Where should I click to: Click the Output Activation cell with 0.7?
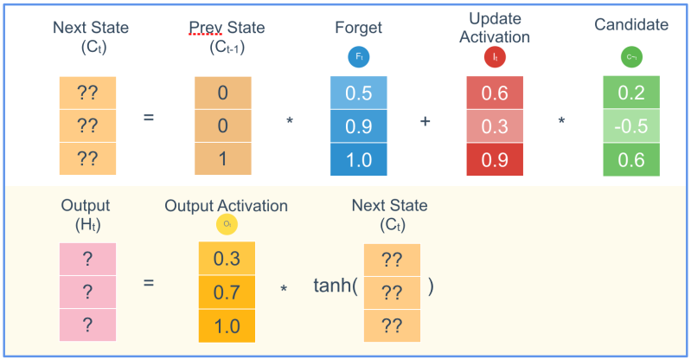226,292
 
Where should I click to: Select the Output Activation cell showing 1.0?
226,325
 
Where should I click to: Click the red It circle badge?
494,57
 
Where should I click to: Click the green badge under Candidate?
631,57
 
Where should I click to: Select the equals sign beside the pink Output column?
149,283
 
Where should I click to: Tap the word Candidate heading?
631,24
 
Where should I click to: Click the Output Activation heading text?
226,206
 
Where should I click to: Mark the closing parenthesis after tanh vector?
431,286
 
